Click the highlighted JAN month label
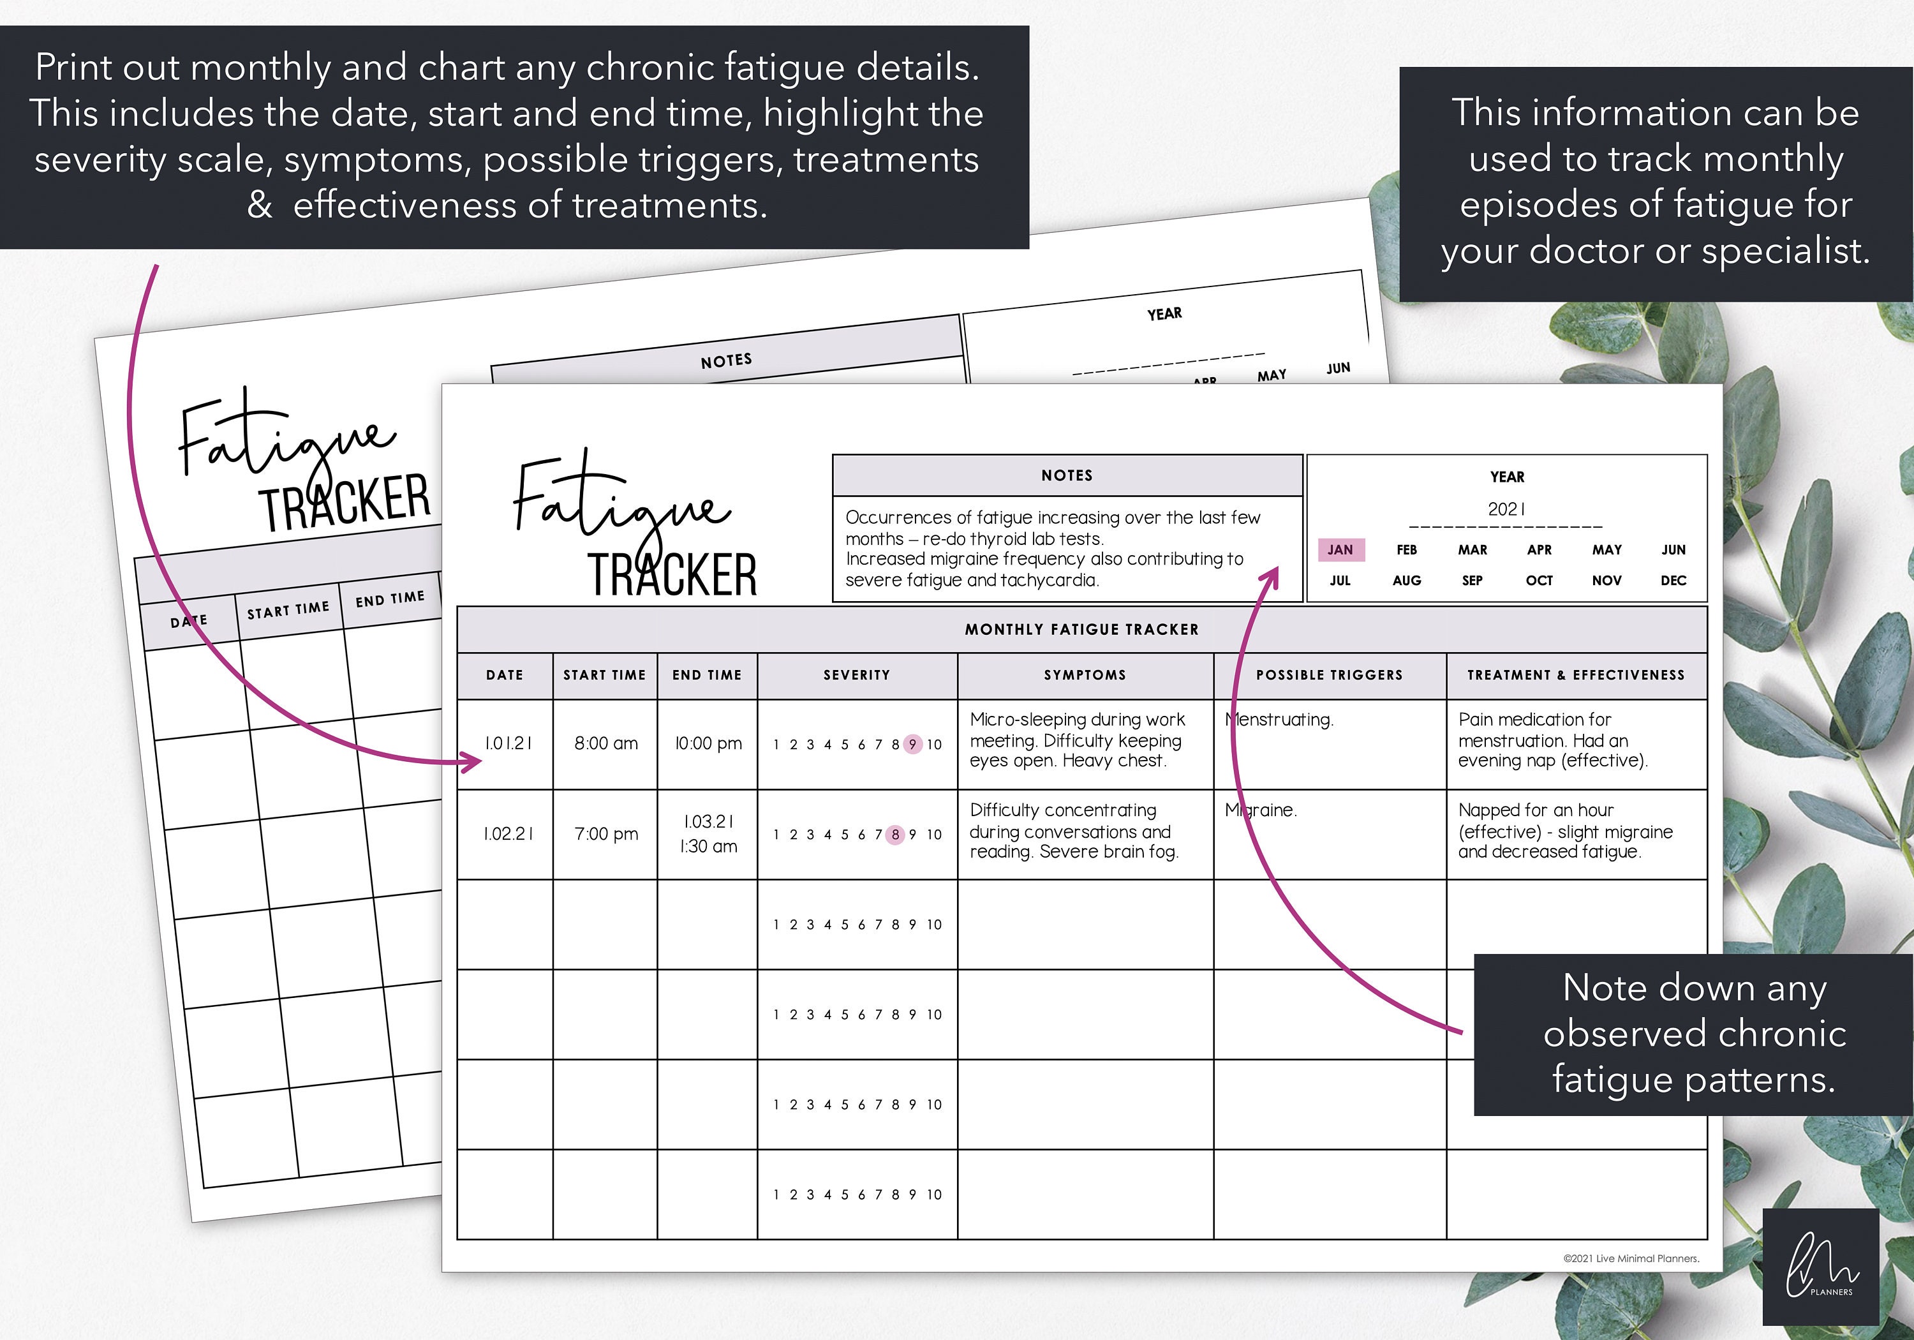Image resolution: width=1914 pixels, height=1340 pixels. pos(1340,549)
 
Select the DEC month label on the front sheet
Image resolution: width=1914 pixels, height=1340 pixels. pos(1672,581)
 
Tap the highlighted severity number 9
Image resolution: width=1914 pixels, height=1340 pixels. pos(912,745)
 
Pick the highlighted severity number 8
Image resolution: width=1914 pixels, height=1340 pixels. pos(894,835)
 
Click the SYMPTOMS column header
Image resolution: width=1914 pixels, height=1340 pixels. pos(1085,675)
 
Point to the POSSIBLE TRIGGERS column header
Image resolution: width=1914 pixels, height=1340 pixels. pos(1329,675)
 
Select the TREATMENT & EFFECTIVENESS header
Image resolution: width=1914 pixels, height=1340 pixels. pos(1576,675)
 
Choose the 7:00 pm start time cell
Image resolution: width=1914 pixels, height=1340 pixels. pos(606,834)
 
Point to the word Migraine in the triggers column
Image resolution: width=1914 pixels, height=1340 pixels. pos(1261,810)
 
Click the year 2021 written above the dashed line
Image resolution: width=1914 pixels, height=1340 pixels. pos(1506,509)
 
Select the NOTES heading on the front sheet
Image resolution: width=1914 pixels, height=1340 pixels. pos(1066,475)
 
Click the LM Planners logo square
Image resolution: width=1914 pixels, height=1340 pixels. pos(1821,1267)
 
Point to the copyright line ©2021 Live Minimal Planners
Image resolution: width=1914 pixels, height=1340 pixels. pos(1631,1258)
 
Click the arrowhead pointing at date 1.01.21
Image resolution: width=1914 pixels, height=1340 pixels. pos(473,762)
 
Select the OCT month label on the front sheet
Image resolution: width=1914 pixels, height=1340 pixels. pos(1539,581)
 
